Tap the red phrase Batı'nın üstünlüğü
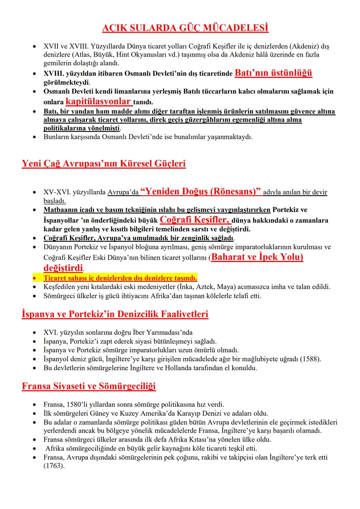click(x=273, y=73)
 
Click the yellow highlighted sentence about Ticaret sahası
click(x=120, y=278)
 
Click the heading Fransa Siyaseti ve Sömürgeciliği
click(x=89, y=386)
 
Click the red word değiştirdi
click(x=63, y=268)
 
